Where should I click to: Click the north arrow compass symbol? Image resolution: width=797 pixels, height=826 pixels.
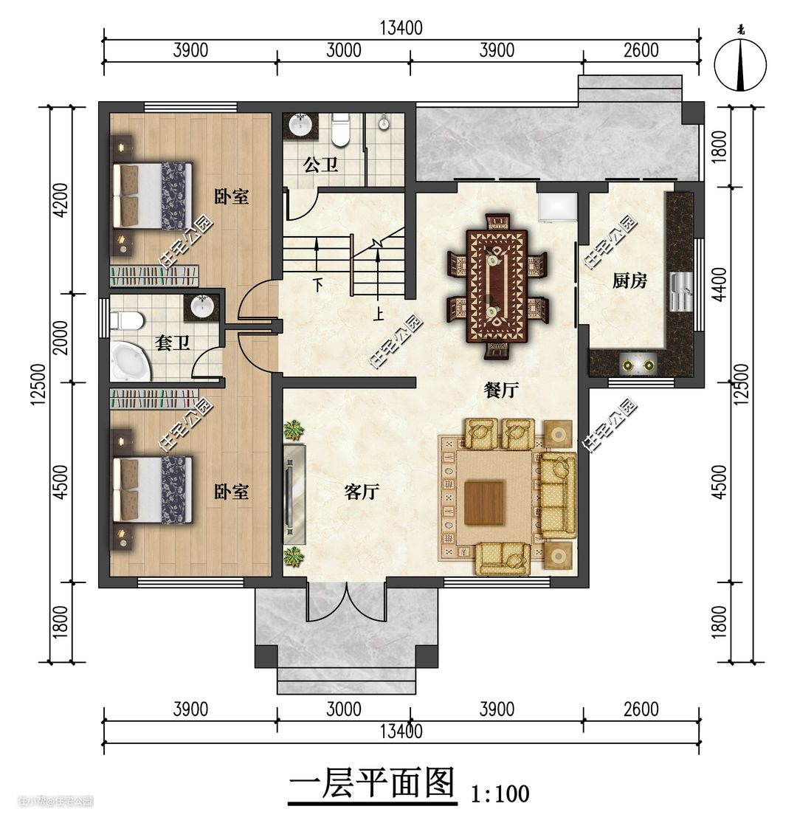tap(740, 64)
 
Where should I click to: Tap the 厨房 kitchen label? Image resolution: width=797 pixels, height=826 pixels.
tap(629, 281)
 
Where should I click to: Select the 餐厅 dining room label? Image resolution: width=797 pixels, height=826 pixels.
tap(501, 390)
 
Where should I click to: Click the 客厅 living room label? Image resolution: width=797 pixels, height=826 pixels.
tap(362, 492)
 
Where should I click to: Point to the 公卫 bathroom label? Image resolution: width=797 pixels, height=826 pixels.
tap(320, 165)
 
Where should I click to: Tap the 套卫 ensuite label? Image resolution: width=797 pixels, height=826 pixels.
tap(172, 343)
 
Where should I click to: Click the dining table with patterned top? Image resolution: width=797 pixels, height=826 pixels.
tap(497, 286)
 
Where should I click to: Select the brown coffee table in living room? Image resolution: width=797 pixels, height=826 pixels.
tap(485, 503)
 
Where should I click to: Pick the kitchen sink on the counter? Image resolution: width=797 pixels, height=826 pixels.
tap(680, 292)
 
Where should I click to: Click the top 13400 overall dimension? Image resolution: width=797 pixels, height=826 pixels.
tap(401, 27)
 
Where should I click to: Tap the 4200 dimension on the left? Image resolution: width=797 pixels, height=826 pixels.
tap(61, 199)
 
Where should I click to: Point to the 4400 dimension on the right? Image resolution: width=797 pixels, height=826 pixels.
tap(720, 284)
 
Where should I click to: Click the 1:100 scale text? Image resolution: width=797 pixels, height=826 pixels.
tap(500, 794)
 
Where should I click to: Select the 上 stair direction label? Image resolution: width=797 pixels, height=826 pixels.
tap(378, 314)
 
